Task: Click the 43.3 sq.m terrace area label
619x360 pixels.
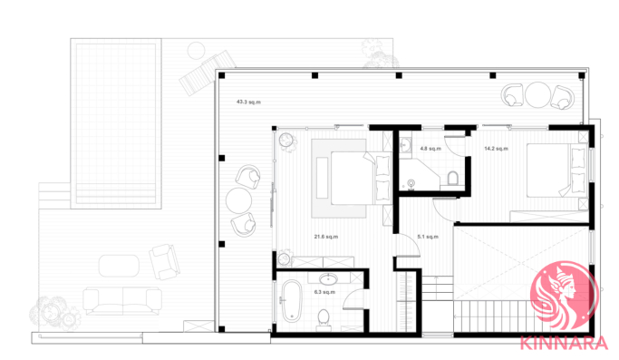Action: point(248,102)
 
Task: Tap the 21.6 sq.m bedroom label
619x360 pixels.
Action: point(326,237)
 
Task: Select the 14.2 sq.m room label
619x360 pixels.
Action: point(497,149)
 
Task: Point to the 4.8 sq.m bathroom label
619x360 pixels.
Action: point(430,149)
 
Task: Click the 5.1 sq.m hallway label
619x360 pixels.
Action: point(428,237)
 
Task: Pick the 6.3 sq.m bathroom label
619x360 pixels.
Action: point(324,292)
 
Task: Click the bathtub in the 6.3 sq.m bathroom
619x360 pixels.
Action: point(291,301)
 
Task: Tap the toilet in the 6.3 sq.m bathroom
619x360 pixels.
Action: point(324,320)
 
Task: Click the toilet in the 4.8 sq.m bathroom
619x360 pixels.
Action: point(452,178)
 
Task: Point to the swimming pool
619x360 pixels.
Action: point(116,123)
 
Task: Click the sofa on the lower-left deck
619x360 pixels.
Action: point(122,301)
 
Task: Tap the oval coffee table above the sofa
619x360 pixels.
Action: point(119,266)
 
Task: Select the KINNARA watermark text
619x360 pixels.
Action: point(564,343)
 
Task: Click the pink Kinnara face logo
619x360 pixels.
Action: point(564,295)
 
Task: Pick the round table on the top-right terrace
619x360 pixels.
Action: point(537,94)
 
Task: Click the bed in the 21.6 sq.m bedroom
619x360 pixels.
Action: point(353,178)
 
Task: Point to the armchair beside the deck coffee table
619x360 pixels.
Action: point(164,261)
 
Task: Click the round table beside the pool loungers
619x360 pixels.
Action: point(196,51)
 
